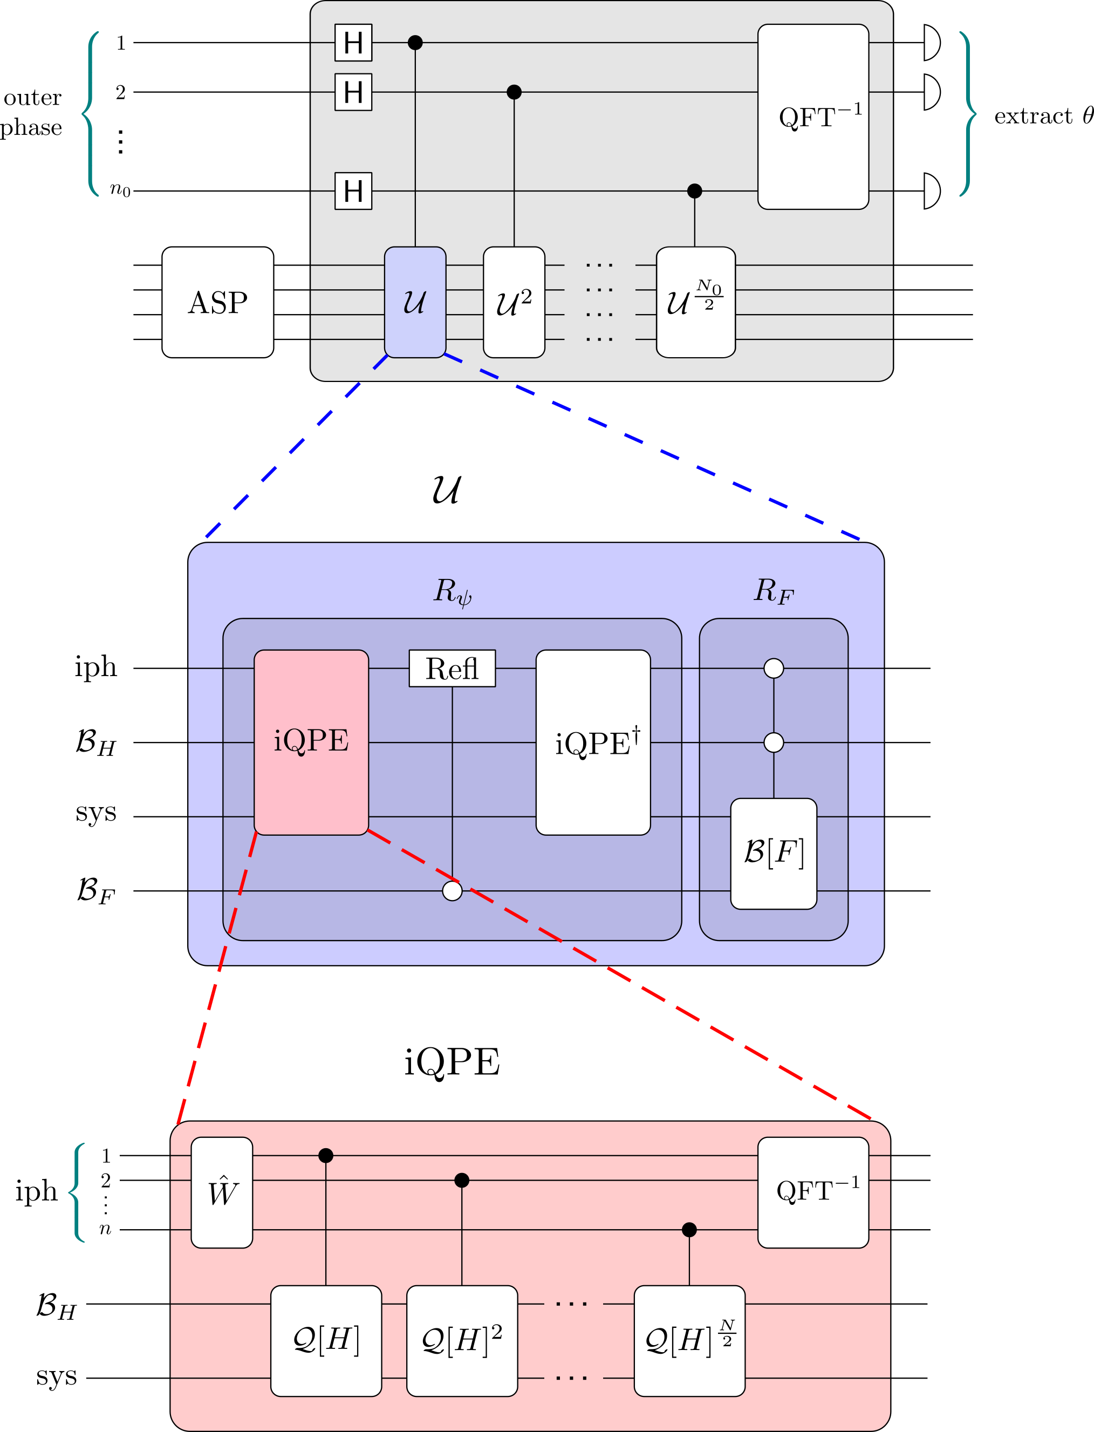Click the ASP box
217,302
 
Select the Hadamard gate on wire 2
353,92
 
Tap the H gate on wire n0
353,191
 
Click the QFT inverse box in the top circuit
813,117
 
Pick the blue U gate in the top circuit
415,302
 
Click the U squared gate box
514,302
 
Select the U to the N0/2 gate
695,302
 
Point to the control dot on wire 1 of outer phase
415,42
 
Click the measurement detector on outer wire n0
932,191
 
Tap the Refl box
452,668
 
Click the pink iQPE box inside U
311,742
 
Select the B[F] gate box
774,853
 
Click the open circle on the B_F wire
452,890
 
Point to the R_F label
774,591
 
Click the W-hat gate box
221,1192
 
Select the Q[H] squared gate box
462,1341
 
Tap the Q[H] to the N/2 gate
689,1341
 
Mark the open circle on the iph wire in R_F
774,668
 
